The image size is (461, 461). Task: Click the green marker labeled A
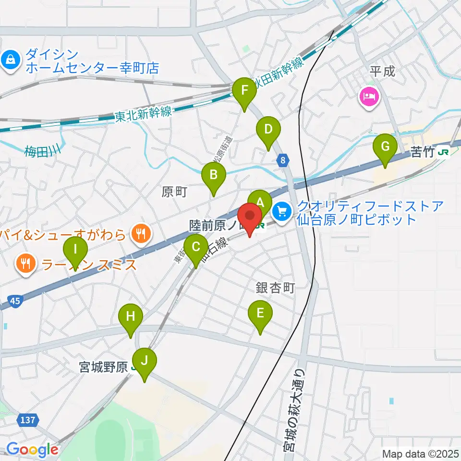(x=260, y=202)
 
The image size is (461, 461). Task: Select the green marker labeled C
(x=196, y=247)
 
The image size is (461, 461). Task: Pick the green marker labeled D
(x=268, y=129)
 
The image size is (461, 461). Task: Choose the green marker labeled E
(x=260, y=314)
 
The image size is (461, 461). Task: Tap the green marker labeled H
(x=131, y=316)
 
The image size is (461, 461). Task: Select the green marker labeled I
(x=75, y=250)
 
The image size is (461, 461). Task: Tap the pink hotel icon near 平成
(x=369, y=97)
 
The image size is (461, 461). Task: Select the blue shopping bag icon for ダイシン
(x=10, y=60)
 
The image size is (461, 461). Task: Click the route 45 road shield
(x=15, y=301)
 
